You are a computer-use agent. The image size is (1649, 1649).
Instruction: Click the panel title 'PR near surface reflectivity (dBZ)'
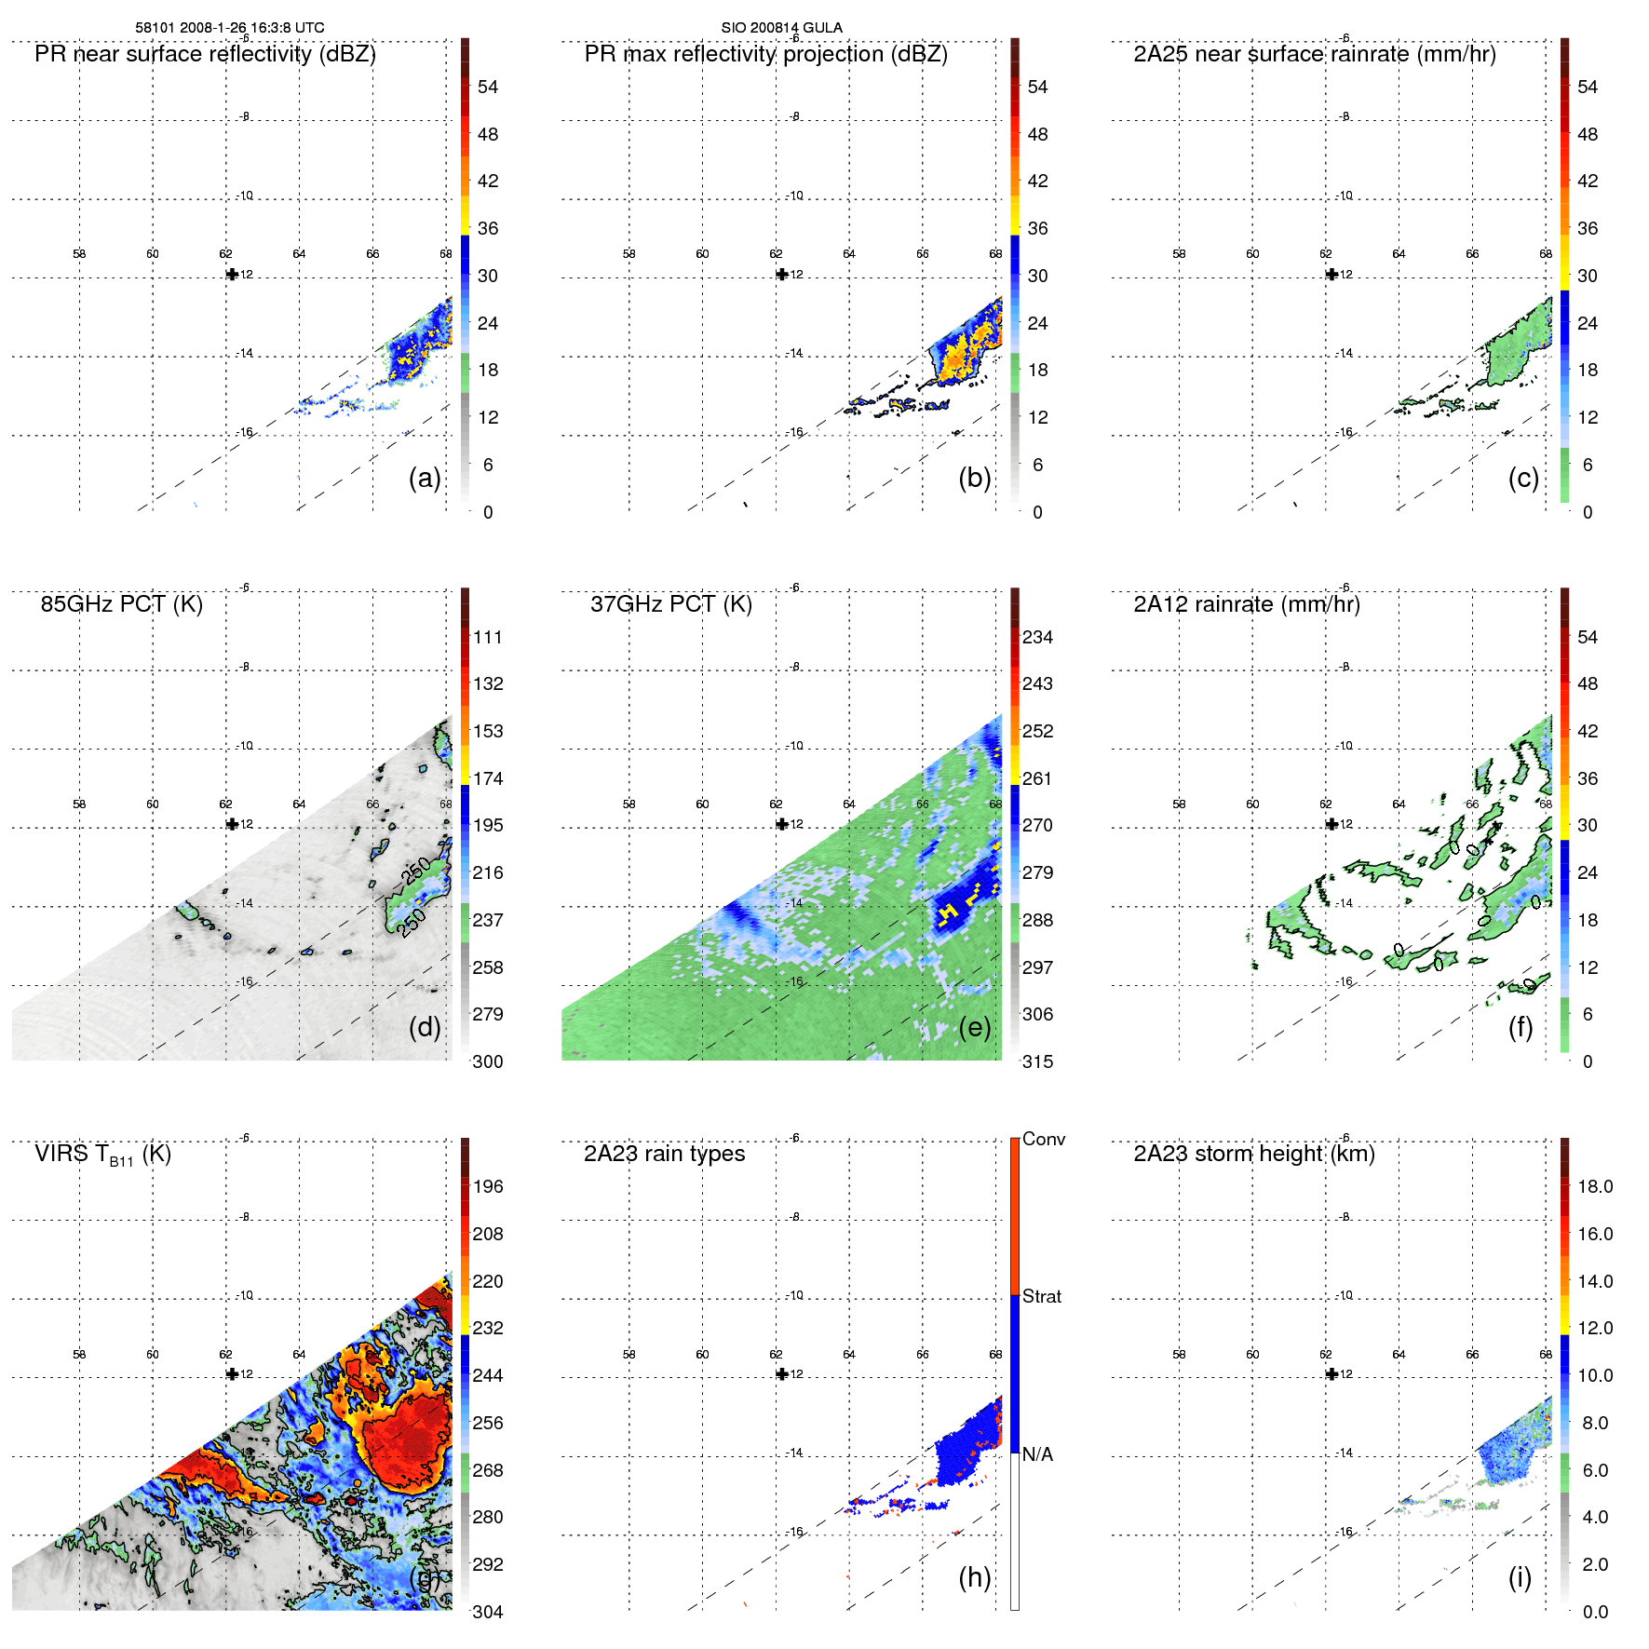(205, 54)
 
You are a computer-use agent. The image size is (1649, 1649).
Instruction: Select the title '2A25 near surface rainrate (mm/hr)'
(1314, 54)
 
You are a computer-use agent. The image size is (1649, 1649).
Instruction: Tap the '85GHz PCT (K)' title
(121, 604)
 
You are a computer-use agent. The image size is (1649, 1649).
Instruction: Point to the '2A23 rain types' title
(664, 1154)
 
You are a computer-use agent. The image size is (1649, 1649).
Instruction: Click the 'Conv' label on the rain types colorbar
(1043, 1139)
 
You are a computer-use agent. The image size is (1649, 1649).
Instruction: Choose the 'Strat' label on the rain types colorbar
(1041, 1296)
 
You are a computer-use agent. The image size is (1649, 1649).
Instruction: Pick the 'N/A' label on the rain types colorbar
(1037, 1454)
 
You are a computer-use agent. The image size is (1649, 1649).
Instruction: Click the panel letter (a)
(425, 478)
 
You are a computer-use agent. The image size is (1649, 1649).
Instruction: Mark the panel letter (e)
(975, 1027)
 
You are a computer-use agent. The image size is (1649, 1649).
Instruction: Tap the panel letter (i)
(1520, 1577)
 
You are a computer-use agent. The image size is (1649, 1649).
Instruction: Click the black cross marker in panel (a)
(232, 275)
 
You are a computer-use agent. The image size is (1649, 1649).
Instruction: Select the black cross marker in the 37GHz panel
(782, 824)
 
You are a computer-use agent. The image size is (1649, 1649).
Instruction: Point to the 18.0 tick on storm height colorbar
(1594, 1186)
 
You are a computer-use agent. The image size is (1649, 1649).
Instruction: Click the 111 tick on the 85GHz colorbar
(488, 637)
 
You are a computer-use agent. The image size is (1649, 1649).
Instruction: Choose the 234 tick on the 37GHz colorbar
(1037, 637)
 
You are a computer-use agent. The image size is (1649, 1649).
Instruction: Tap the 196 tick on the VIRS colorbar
(488, 1186)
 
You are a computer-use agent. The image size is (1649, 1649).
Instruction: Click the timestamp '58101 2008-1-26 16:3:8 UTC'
(230, 28)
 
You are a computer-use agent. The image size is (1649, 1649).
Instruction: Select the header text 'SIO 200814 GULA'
(781, 28)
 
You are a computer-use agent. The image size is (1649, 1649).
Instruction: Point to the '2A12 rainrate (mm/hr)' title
(1246, 604)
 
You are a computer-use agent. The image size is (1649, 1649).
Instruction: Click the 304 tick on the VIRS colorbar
(488, 1612)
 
